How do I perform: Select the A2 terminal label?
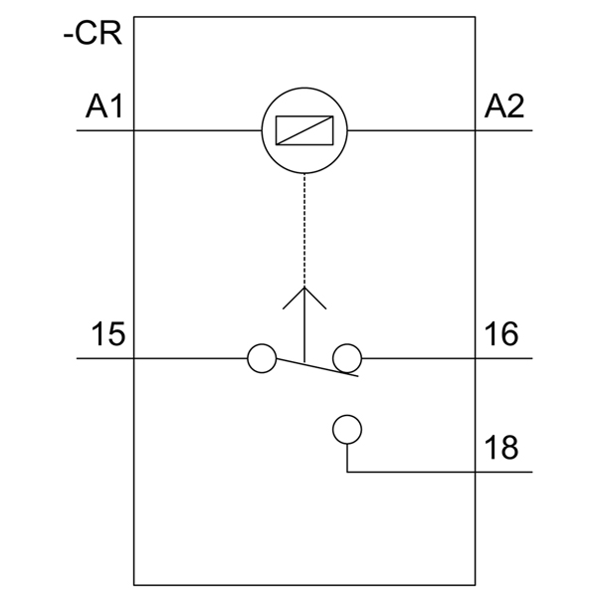click(x=504, y=105)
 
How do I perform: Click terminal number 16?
click(x=502, y=334)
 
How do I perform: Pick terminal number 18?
click(x=502, y=448)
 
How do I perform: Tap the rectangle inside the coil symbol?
click(x=303, y=130)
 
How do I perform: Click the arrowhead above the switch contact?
click(x=303, y=297)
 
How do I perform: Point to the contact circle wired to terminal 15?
click(x=261, y=358)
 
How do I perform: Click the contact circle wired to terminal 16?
click(x=346, y=358)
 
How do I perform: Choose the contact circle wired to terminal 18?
click(x=346, y=429)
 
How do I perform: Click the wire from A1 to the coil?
click(x=189, y=131)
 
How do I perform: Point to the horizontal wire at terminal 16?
click(x=448, y=358)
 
